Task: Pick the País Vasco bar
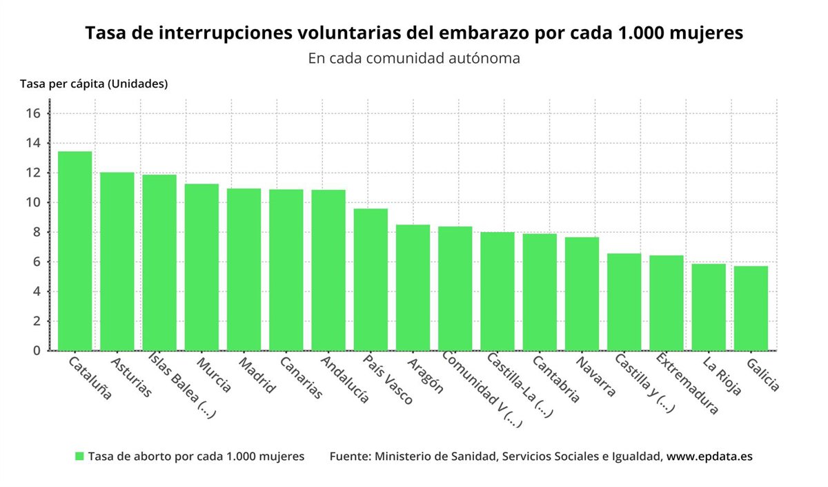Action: coord(371,280)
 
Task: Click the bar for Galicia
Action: coord(751,308)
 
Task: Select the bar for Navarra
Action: coord(582,294)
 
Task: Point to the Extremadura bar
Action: coord(667,303)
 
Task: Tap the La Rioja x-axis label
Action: coord(722,376)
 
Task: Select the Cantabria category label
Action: coord(556,379)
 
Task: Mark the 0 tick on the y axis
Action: coord(37,351)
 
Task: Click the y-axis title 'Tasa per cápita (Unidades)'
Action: coord(94,84)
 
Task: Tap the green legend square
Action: coord(79,457)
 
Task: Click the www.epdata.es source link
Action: coord(709,457)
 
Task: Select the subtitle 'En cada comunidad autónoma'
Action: coord(414,59)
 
